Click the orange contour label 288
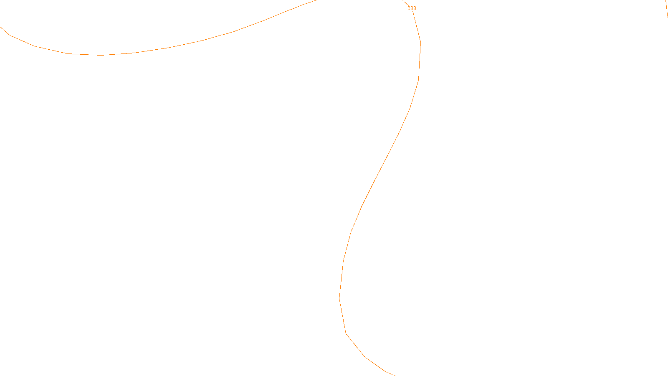(412, 8)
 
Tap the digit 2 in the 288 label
(409, 8)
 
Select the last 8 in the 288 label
(415, 8)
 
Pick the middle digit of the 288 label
(412, 8)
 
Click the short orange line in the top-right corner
(666, 8)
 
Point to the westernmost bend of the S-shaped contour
(339, 297)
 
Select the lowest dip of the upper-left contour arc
(100, 55)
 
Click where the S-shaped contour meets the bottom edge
(394, 375)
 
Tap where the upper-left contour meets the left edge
(1, 27)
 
